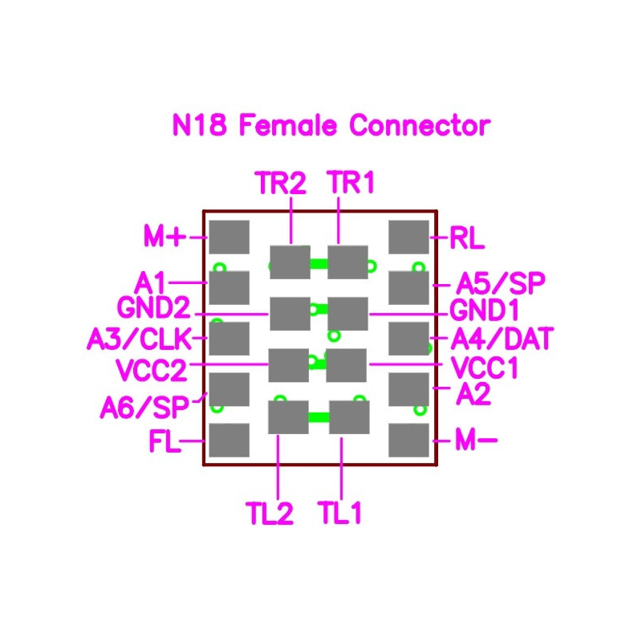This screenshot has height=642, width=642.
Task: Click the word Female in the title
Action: (287, 125)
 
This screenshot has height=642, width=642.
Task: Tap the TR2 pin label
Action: (281, 183)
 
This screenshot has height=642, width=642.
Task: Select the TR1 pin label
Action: (351, 182)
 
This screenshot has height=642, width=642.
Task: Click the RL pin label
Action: (467, 238)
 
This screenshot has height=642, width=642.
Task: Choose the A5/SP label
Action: (501, 283)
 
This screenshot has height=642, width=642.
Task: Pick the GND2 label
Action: (154, 307)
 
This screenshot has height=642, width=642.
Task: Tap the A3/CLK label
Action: (140, 339)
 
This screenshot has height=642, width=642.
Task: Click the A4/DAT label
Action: (502, 339)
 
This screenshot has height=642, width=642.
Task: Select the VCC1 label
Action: (485, 368)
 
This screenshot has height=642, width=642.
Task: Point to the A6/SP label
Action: (144, 408)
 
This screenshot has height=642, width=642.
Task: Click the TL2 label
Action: (270, 513)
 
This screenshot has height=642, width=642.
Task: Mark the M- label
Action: (476, 441)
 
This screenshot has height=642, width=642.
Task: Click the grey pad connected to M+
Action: (230, 237)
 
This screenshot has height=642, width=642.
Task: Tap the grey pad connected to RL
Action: (408, 237)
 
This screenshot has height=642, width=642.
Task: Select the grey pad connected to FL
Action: (230, 440)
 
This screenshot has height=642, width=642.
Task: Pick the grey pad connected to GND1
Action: (347, 314)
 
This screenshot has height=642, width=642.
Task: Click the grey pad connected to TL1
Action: (349, 417)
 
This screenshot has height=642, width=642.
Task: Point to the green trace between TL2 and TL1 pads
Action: (319, 417)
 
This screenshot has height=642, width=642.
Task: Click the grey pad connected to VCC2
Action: (289, 365)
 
